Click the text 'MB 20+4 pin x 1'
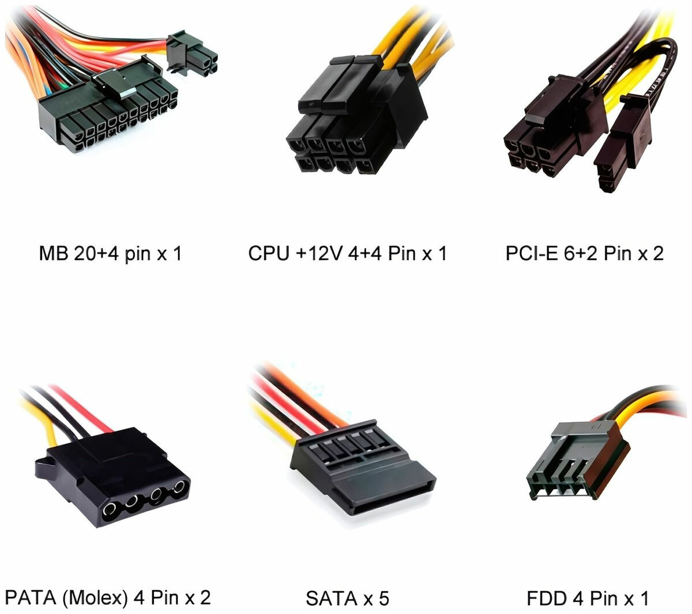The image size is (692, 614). [110, 254]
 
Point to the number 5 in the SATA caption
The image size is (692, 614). [384, 598]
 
